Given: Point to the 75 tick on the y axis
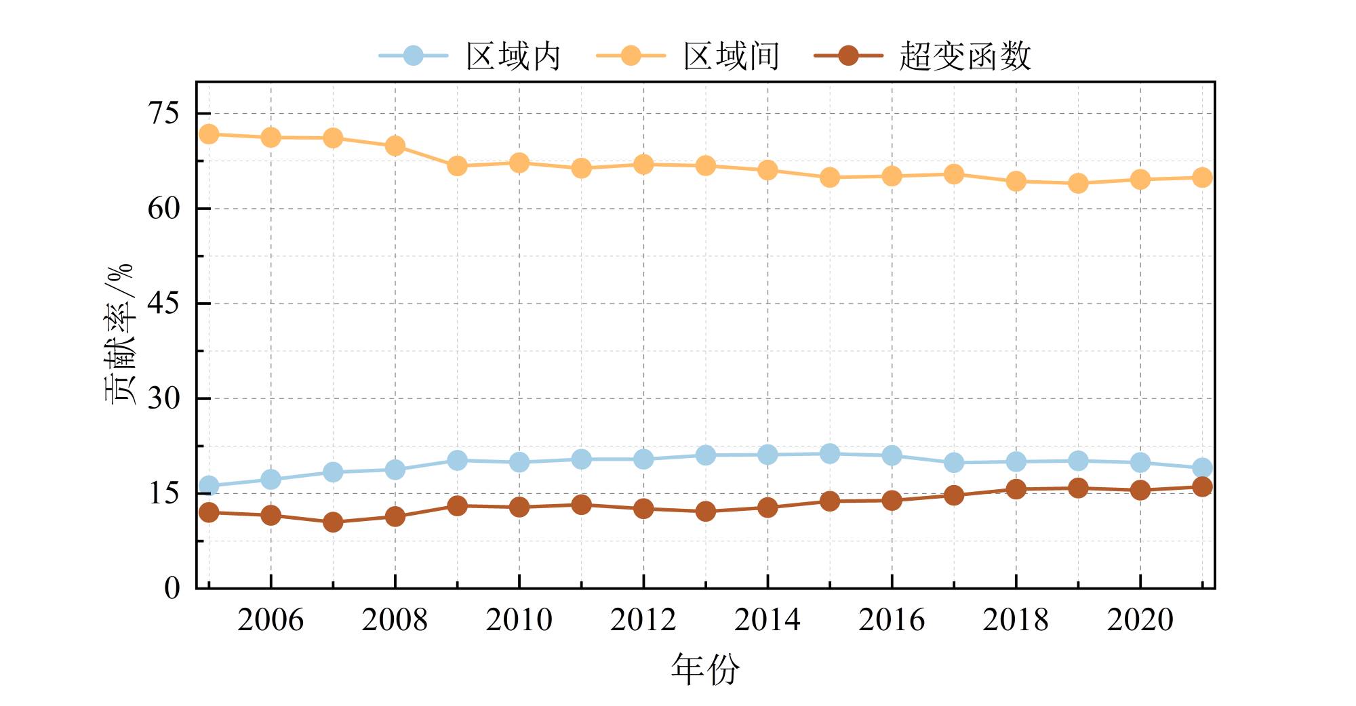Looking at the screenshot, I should coord(165,113).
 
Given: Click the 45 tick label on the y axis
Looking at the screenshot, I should coord(165,303).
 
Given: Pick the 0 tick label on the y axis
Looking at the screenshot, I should coord(172,587).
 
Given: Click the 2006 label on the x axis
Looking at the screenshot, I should coord(271,619).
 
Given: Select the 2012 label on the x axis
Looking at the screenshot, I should coord(643,619).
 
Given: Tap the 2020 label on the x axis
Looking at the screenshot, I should coord(1140,619).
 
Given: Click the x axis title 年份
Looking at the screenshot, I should coord(705,669).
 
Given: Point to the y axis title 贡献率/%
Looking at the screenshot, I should coord(120,334).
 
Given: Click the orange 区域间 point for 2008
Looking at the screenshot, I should coord(395,146).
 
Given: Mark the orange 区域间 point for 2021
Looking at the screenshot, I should coord(1202,178).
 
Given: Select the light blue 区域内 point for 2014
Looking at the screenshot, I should coord(767,454).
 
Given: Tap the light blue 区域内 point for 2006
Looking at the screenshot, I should coord(271,480).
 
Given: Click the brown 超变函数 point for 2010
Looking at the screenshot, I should coord(519,507).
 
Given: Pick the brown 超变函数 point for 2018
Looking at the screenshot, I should coord(1016,489).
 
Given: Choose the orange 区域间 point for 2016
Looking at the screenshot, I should coord(892,176).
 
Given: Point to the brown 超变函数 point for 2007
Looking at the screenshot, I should coord(333,522).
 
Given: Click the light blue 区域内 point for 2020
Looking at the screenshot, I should coord(1140,463).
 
